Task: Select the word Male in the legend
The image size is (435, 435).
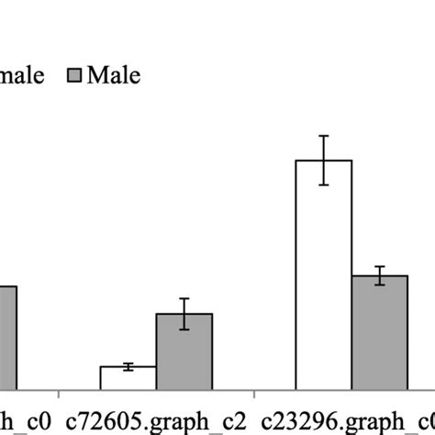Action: pyautogui.click(x=114, y=75)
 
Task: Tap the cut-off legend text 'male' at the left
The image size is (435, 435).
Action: pyautogui.click(x=22, y=75)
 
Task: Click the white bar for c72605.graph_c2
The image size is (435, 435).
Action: pyautogui.click(x=128, y=379)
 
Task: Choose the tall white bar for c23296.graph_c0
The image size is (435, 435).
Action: pyautogui.click(x=323, y=275)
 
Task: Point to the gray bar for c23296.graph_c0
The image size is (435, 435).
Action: pyautogui.click(x=380, y=333)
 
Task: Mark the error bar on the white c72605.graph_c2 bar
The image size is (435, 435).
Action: pyautogui.click(x=128, y=366)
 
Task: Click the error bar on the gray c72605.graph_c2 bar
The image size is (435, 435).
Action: pyautogui.click(x=184, y=314)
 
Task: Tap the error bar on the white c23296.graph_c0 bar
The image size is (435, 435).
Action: pyautogui.click(x=323, y=161)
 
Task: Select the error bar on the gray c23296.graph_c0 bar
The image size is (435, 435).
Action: pyautogui.click(x=380, y=276)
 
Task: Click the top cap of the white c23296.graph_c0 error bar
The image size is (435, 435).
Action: pyautogui.click(x=323, y=136)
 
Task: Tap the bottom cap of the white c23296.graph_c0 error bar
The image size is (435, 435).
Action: pyautogui.click(x=323, y=184)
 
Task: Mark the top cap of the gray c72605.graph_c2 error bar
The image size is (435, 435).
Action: pyautogui.click(x=184, y=298)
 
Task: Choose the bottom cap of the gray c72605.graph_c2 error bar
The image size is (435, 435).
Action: pyautogui.click(x=184, y=329)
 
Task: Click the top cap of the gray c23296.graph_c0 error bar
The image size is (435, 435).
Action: pyautogui.click(x=380, y=267)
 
